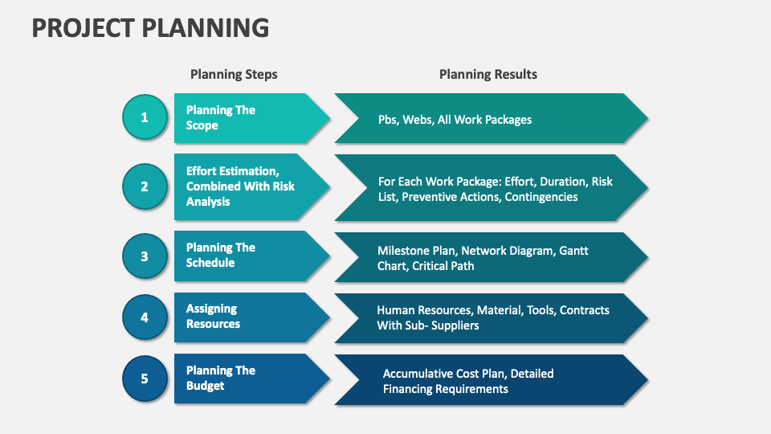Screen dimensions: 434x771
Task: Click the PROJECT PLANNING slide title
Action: coord(150,27)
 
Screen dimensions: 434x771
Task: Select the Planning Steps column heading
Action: coord(234,74)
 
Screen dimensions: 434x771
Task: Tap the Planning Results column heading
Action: coord(488,74)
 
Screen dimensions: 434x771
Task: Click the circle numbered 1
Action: coord(145,117)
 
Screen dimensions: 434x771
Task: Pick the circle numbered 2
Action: coord(145,186)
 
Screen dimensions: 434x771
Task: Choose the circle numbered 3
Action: coord(145,256)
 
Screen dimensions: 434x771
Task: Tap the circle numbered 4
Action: coord(145,317)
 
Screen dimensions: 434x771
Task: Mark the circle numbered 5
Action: coord(145,378)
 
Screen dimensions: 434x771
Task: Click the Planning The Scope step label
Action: coord(220,117)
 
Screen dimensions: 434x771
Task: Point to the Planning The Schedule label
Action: coord(220,255)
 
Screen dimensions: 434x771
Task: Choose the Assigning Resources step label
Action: coord(213,316)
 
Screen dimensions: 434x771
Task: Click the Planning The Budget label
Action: coord(220,378)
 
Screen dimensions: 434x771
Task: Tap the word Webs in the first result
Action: coord(416,120)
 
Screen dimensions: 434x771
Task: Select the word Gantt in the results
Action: coord(573,251)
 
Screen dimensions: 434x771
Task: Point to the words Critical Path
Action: coord(443,266)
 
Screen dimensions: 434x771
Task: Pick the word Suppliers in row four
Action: coord(455,325)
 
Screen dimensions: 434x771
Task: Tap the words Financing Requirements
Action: coord(446,389)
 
